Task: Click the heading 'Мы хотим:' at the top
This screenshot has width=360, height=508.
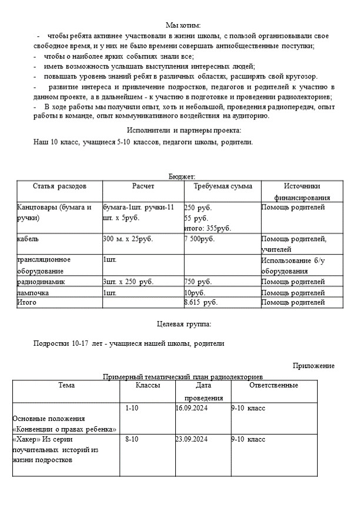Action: (183, 25)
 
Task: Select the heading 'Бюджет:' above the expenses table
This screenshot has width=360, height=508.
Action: (181, 176)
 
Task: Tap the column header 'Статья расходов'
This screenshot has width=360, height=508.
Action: (59, 186)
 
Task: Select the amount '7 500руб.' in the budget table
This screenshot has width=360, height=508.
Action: (199, 239)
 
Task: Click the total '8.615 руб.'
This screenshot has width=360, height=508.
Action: (201, 303)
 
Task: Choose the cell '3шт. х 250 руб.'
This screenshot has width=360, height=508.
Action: (128, 282)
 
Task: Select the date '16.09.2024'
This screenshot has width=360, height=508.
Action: (192, 408)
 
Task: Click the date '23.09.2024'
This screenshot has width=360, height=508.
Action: (192, 440)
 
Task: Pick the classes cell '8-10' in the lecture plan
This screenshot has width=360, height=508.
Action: (132, 440)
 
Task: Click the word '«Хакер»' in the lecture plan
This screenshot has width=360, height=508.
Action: (25, 440)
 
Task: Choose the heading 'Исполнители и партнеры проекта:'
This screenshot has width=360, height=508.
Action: (184, 131)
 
